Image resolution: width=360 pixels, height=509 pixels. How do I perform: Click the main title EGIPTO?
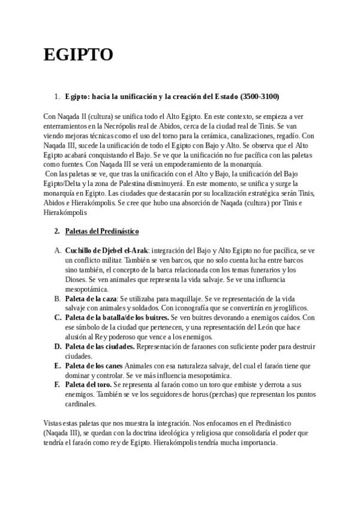(x=78, y=55)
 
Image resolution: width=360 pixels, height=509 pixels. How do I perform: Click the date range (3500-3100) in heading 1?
(x=259, y=96)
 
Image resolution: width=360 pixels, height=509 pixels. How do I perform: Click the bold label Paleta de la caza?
(x=91, y=299)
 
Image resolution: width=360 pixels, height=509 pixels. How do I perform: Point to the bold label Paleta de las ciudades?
(x=100, y=347)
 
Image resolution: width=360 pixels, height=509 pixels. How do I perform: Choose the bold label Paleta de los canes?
(x=93, y=366)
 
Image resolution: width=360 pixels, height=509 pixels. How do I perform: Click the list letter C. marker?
(x=58, y=317)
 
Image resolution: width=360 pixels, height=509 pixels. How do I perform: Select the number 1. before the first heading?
(x=57, y=96)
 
